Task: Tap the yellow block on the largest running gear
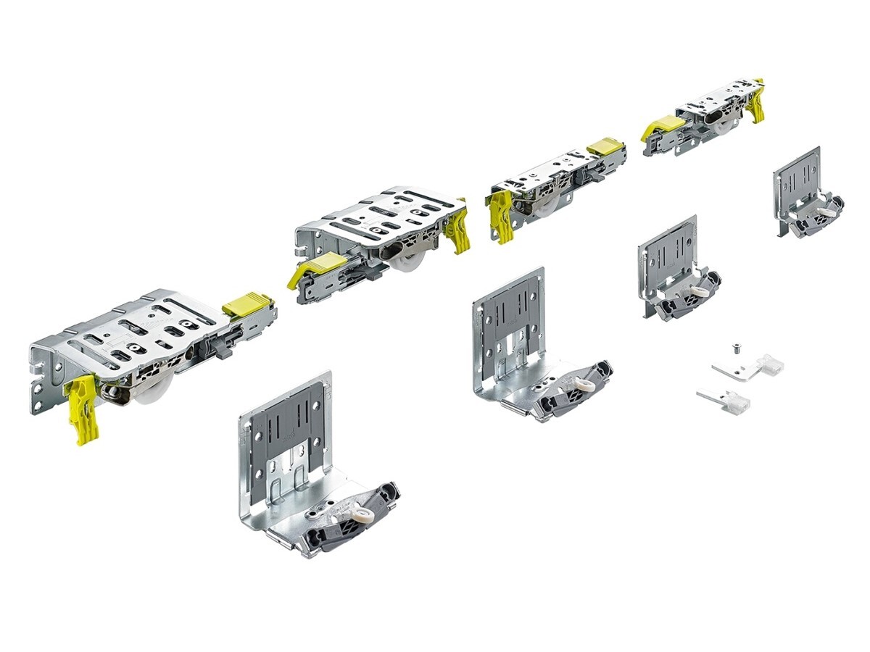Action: [246, 304]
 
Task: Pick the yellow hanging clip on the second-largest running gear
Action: [458, 230]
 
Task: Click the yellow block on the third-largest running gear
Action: [605, 146]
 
